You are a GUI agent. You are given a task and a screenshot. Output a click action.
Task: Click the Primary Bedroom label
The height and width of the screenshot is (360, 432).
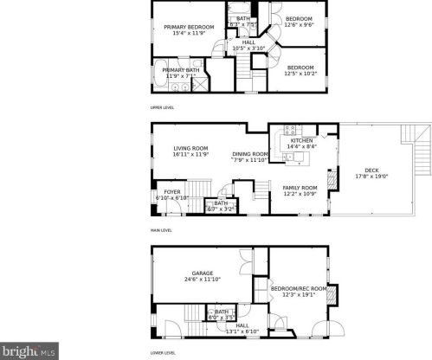tap(189, 29)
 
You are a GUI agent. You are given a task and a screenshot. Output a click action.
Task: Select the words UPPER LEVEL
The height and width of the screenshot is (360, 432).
tap(163, 107)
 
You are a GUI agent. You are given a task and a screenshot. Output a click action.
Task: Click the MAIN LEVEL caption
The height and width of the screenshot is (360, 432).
tap(161, 230)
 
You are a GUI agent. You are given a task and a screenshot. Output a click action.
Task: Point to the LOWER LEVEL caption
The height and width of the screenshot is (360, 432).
tap(163, 353)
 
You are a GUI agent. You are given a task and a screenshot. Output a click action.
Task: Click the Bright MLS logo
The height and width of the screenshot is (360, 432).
tap(28, 351)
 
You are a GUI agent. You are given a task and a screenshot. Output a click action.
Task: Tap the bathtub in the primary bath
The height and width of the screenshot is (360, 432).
tap(161, 76)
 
